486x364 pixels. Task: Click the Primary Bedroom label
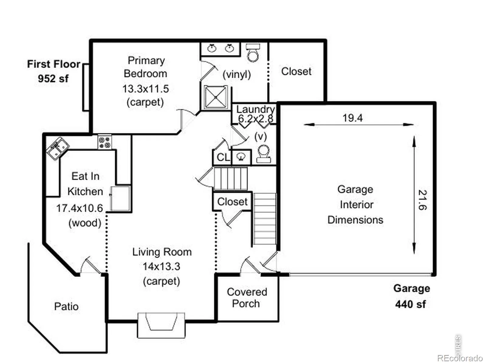click(x=145, y=67)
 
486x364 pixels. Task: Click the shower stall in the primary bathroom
click(x=216, y=97)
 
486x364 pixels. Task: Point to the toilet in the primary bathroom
click(x=253, y=52)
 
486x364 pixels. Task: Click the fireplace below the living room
click(x=161, y=325)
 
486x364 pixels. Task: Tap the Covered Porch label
click(x=247, y=298)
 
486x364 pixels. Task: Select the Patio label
click(x=67, y=307)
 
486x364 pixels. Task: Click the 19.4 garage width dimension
click(x=352, y=118)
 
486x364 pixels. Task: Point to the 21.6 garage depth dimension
click(x=423, y=200)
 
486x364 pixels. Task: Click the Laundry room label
click(x=255, y=110)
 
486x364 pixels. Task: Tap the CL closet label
click(x=223, y=157)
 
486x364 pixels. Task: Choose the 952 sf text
click(x=53, y=79)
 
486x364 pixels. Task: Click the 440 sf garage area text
click(x=410, y=304)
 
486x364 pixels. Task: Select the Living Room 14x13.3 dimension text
click(x=161, y=266)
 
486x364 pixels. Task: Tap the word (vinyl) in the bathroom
click(x=237, y=75)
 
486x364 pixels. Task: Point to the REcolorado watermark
click(x=460, y=358)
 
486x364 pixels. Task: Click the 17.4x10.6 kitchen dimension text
click(x=80, y=208)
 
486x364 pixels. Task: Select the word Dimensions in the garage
click(x=355, y=220)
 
